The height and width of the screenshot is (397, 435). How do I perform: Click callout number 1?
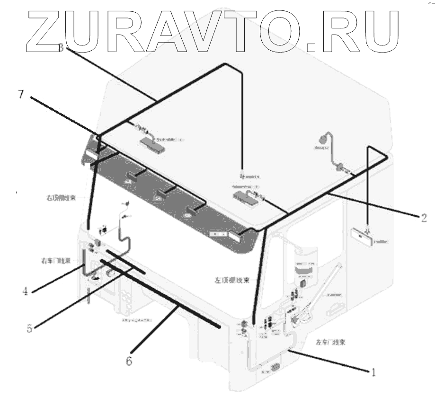click(373, 372)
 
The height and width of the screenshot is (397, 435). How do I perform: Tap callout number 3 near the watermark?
click(61, 47)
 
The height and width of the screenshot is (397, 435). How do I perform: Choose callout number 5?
click(30, 328)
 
